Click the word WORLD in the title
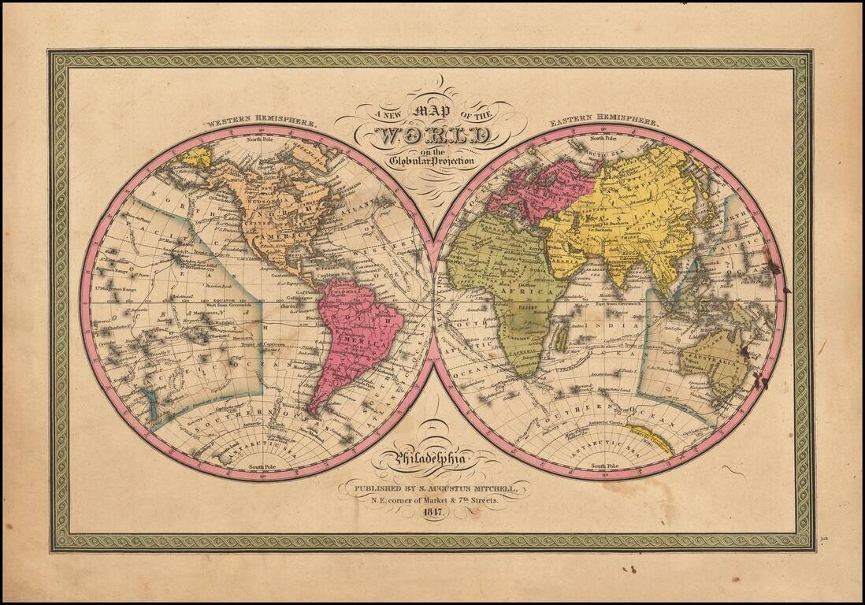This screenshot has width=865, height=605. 434,135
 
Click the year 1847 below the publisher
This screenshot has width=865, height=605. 433,512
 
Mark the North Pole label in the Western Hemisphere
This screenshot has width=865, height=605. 261,139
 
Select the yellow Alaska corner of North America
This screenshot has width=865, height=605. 193,158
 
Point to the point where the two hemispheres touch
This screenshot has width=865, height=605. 433,302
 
